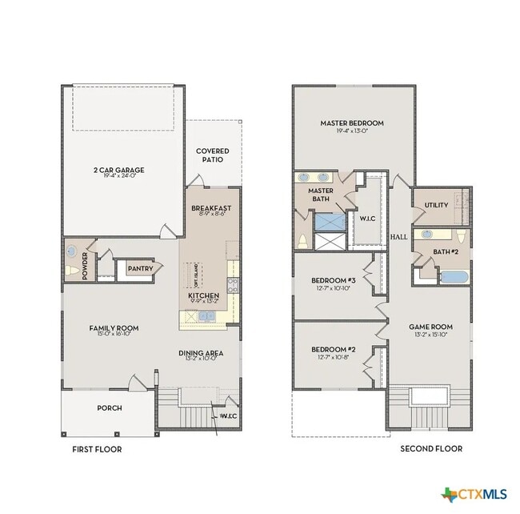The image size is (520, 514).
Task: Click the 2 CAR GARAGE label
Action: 118,170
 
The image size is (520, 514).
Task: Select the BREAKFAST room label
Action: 210,208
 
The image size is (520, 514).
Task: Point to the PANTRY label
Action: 140,269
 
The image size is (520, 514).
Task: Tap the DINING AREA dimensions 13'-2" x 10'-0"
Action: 200,359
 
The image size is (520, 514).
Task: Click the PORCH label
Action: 110,408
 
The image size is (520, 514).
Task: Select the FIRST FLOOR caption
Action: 96,449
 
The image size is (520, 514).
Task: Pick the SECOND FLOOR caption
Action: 430,449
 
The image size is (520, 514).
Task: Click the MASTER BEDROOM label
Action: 352,123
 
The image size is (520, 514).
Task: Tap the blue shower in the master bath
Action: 327,222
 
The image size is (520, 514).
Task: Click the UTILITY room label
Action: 436,206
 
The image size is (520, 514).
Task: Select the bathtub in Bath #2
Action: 452,277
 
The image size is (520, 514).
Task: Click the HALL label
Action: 398,238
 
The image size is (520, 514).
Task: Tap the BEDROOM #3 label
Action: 333,280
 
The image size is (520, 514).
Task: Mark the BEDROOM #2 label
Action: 333,350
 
